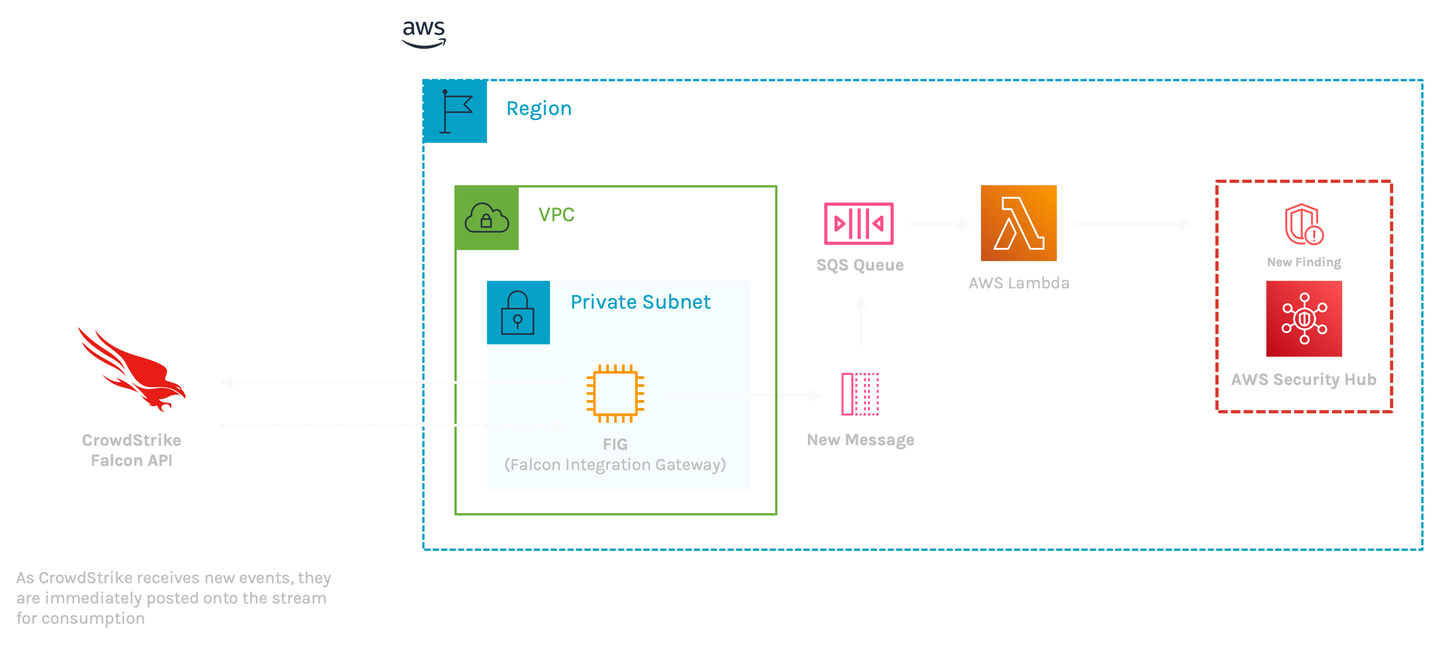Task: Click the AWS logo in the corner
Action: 424,34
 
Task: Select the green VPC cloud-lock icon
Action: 487,218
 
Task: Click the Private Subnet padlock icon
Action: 518,313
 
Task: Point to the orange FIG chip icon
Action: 615,393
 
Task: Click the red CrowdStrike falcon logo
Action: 132,370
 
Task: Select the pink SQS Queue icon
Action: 858,224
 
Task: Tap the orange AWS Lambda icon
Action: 1019,224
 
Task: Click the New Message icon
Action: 860,394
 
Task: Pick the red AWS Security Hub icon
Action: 1304,319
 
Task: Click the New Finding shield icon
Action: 1304,224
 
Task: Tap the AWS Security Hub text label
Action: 1304,379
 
